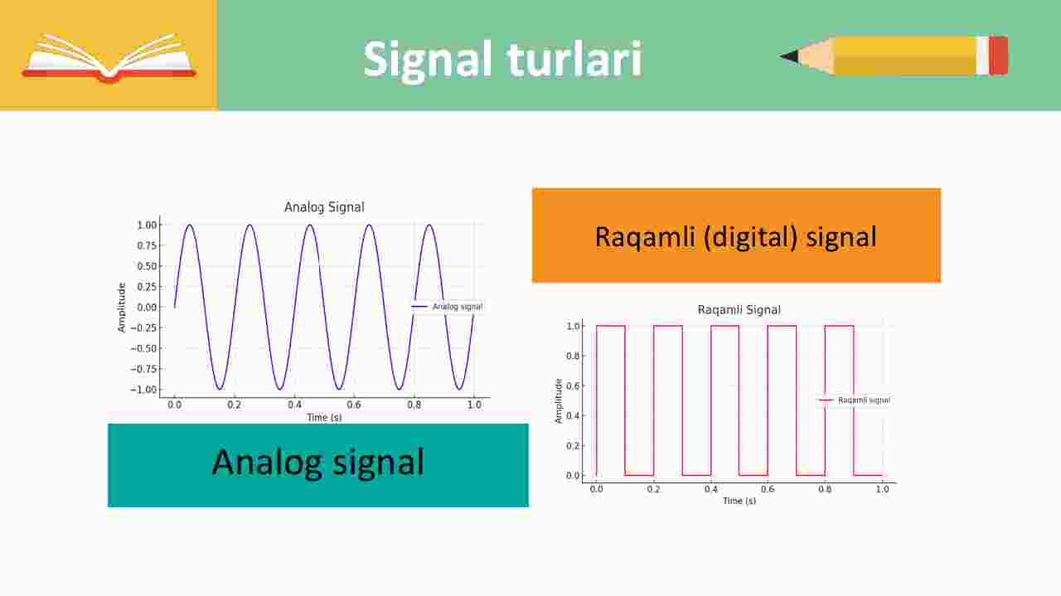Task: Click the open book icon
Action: point(109,58)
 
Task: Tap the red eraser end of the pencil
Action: point(998,56)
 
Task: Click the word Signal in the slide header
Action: point(428,61)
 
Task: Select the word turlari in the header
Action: point(574,59)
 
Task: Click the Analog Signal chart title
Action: point(324,207)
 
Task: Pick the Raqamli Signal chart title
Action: point(739,310)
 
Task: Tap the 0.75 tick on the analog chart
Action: point(147,245)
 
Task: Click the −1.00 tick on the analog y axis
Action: point(143,390)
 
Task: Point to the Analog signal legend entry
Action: point(447,307)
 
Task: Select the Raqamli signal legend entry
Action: point(854,400)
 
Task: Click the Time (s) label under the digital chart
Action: point(739,501)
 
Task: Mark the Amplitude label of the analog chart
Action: point(122,308)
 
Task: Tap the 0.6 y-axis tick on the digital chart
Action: point(573,386)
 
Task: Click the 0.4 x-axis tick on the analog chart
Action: point(294,405)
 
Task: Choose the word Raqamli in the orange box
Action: point(645,237)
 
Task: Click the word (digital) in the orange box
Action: point(751,237)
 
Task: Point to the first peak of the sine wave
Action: point(190,225)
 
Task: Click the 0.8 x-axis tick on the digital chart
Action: point(825,489)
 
